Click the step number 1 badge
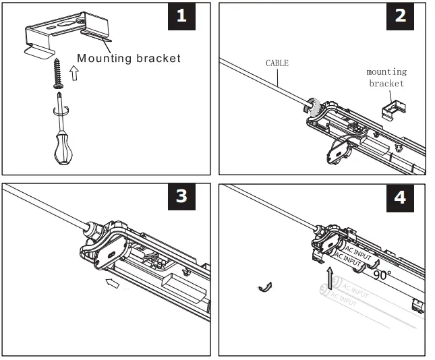point(181,17)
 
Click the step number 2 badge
point(401,17)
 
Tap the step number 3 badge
point(181,196)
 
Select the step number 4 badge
point(401,197)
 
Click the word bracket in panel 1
point(158,59)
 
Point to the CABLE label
point(277,63)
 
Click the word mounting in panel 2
point(386,71)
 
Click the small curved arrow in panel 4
point(266,288)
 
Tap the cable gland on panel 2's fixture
point(314,104)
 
